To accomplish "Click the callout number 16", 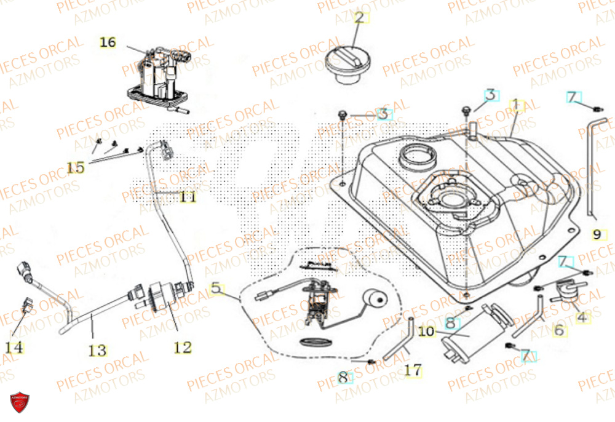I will [108, 42].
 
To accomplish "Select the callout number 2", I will [359, 17].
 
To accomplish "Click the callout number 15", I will [76, 168].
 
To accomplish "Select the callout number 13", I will [97, 351].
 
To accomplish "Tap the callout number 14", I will [14, 348].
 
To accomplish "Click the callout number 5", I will [215, 287].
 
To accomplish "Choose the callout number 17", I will [413, 370].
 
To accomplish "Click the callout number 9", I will [597, 234].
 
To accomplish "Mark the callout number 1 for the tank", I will [518, 106].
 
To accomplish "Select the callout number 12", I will [182, 348].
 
